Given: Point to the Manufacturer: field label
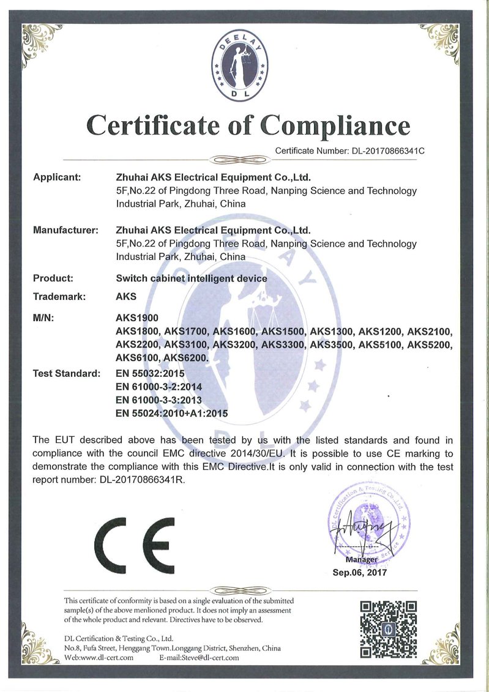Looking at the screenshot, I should pyautogui.click(x=65, y=231).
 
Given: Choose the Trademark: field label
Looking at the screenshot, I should pyautogui.click(x=59, y=297).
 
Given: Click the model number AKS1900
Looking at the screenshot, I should pyautogui.click(x=137, y=318).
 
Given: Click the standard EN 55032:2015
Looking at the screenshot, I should pyautogui.click(x=150, y=373).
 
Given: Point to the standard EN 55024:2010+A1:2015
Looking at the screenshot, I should pyautogui.click(x=171, y=414).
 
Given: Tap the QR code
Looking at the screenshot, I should pyautogui.click(x=388, y=628).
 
